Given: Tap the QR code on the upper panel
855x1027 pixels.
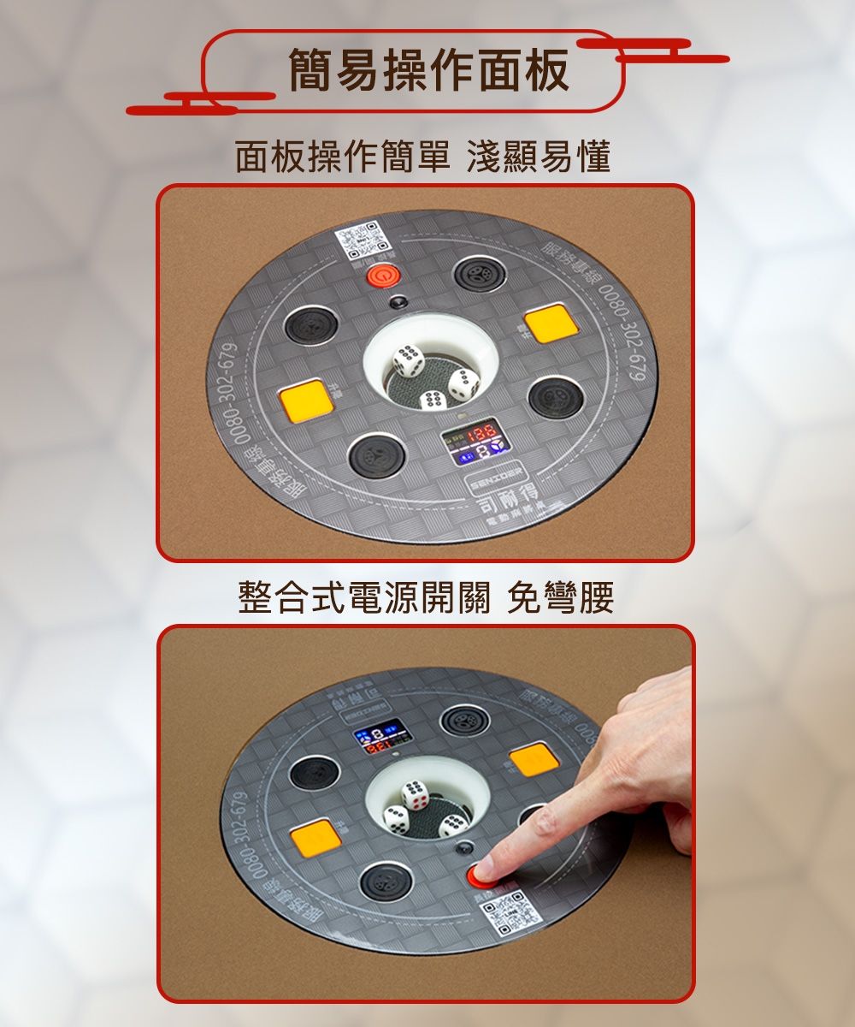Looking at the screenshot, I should tap(360, 241).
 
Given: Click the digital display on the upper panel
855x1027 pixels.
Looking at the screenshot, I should tap(475, 447).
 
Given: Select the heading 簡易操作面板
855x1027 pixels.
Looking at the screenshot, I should tap(428, 70).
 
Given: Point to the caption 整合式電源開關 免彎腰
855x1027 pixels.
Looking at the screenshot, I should tap(426, 598).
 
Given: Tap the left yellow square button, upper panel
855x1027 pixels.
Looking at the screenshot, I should tap(305, 400).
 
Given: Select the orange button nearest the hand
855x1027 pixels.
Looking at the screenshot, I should tap(534, 758).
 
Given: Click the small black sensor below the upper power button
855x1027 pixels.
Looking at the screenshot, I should tap(397, 301).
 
